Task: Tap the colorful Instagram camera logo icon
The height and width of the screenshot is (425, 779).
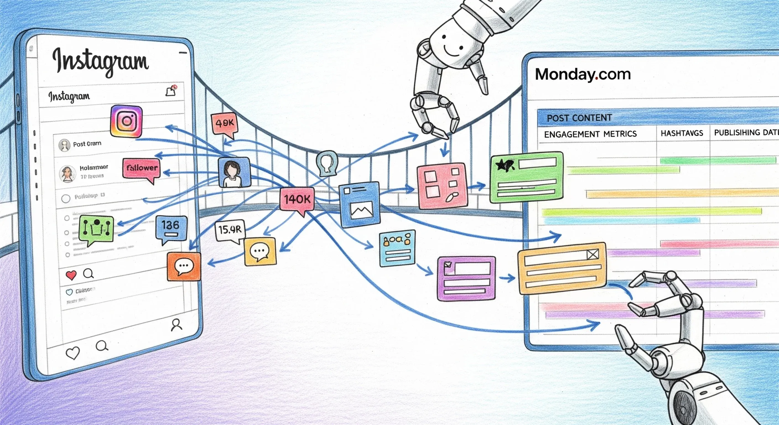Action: click(x=126, y=121)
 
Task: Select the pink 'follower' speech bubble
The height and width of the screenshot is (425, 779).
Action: click(x=142, y=168)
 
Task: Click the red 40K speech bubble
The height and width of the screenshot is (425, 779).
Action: click(x=224, y=123)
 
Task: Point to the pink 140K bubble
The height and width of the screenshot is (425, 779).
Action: click(x=297, y=199)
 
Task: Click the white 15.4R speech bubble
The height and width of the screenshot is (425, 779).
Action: click(x=230, y=230)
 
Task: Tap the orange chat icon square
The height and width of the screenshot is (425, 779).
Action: click(x=184, y=266)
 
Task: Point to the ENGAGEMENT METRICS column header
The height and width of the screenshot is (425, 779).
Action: click(x=590, y=134)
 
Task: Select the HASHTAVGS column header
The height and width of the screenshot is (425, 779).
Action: click(x=682, y=133)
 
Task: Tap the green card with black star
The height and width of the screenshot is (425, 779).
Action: click(x=526, y=177)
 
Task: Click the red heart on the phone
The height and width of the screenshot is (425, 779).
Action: click(x=71, y=275)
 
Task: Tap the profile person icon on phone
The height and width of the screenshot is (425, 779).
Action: click(x=176, y=325)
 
